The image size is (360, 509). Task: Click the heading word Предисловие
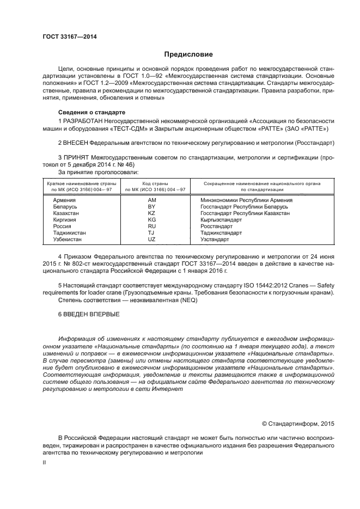click(x=189, y=54)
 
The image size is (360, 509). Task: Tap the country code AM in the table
click(x=152, y=200)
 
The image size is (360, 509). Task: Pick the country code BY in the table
click(x=152, y=207)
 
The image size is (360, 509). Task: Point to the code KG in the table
click(x=152, y=220)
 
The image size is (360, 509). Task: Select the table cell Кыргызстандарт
click(x=221, y=220)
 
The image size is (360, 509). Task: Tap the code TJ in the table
click(x=152, y=233)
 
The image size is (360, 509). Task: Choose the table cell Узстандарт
click(x=215, y=240)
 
